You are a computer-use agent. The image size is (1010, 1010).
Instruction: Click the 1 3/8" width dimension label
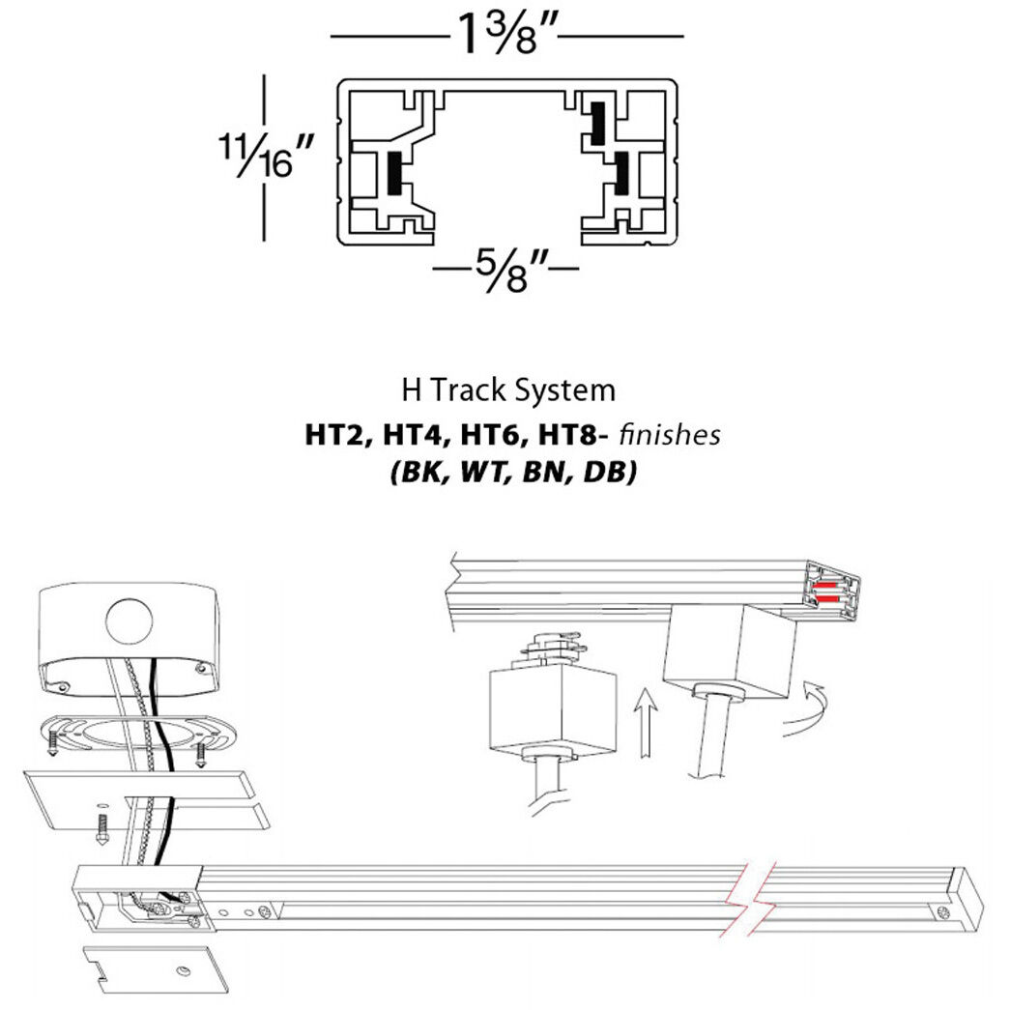click(x=506, y=37)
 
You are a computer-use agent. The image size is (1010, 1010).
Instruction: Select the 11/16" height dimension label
click(x=264, y=156)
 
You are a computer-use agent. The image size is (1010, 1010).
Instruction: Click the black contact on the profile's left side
click(x=394, y=173)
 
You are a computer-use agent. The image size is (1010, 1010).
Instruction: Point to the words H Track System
click(x=507, y=390)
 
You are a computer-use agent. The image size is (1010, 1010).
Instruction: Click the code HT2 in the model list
click(x=331, y=435)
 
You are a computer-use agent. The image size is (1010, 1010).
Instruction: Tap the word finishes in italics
click(x=669, y=435)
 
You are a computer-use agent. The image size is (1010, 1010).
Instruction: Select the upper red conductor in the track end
click(x=825, y=587)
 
